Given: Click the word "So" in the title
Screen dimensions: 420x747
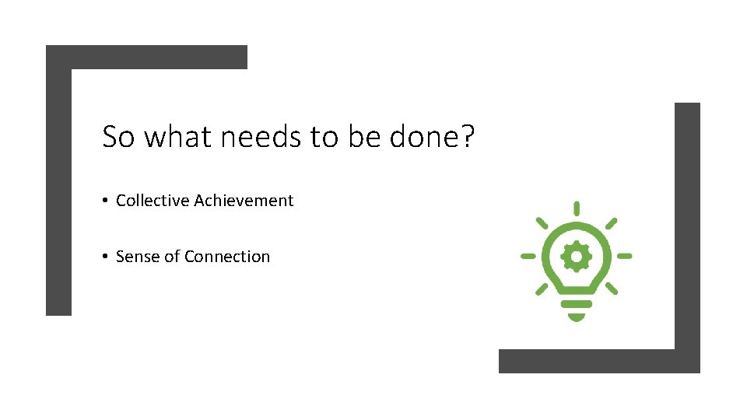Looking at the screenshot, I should pos(118,137).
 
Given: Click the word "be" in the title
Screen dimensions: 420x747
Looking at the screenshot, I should pos(363,137).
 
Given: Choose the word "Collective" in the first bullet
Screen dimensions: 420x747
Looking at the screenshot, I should pos(153,201).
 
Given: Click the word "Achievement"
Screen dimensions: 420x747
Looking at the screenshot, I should pos(244,201).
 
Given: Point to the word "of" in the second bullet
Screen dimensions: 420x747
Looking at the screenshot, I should pos(172,257).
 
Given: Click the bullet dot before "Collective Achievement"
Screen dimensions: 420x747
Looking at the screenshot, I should pos(104,201).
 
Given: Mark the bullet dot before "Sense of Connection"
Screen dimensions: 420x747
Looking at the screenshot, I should pos(104,257).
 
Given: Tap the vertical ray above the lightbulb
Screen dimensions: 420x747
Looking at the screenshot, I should pos(576,208).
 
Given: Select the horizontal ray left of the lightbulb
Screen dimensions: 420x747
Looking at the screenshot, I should pos(528,255).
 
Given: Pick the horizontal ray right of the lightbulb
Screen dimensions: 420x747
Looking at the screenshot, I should pos(624,255).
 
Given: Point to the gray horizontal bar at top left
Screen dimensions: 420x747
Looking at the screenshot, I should pos(148,57).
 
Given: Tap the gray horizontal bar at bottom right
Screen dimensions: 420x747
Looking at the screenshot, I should pos(591,361).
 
